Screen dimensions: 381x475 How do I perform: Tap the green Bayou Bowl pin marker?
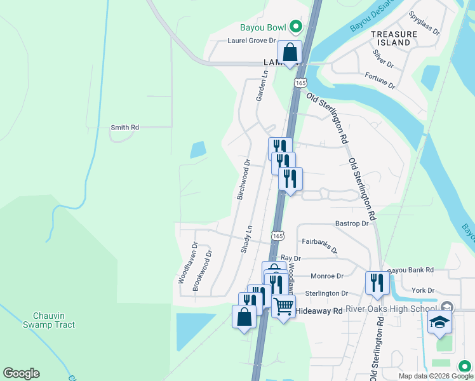tap(295, 27)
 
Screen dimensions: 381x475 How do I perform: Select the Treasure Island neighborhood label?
tap(390, 38)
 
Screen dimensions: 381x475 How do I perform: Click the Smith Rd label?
tap(124, 128)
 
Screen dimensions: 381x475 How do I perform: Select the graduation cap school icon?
tap(440, 321)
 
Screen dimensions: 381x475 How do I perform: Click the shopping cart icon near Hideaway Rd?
tap(283, 306)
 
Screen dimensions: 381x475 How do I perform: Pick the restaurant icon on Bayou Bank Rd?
tap(377, 283)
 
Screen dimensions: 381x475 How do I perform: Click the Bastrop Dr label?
tap(352, 224)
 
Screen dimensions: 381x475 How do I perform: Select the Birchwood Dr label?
tap(244, 180)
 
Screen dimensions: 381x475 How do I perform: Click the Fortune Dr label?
tap(380, 81)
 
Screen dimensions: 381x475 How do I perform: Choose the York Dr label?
tap(422, 290)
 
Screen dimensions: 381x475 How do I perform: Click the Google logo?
tap(21, 373)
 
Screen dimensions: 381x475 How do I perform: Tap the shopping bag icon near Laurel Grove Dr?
tap(290, 53)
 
